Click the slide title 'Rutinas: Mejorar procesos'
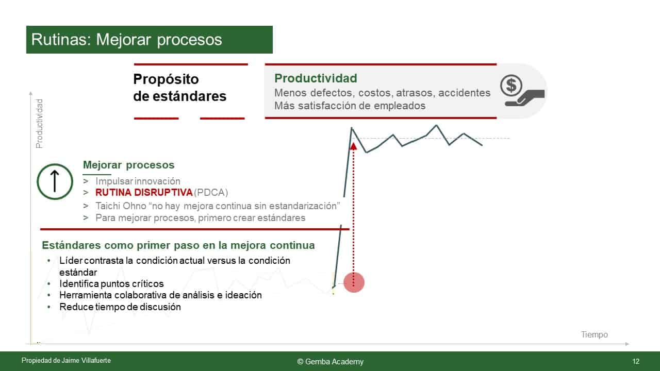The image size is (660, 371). [x=126, y=40]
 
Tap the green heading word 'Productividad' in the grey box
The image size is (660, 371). [x=316, y=78]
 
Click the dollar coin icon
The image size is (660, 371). [x=511, y=86]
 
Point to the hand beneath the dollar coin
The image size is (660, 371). [x=524, y=98]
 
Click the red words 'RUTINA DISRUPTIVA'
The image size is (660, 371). [x=144, y=193]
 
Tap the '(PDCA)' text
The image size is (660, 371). [x=211, y=193]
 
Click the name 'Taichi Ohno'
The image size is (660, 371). [x=121, y=206]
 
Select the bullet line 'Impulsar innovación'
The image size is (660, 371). [x=138, y=181]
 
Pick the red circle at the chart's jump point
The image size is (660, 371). [x=354, y=282]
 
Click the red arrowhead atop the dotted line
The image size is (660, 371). [x=353, y=146]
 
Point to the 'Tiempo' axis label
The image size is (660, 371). [x=595, y=334]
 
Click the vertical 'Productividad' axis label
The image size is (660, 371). [x=39, y=124]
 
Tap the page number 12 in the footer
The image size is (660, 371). [x=636, y=361]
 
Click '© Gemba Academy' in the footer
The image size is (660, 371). [x=331, y=362]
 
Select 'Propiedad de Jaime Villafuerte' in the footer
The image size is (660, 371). [x=66, y=360]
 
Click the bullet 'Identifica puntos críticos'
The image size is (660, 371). [x=111, y=283]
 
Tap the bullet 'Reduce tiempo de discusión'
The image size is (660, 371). [x=120, y=307]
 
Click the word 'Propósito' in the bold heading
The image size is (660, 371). [x=166, y=79]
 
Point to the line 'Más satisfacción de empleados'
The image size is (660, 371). [x=350, y=106]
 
